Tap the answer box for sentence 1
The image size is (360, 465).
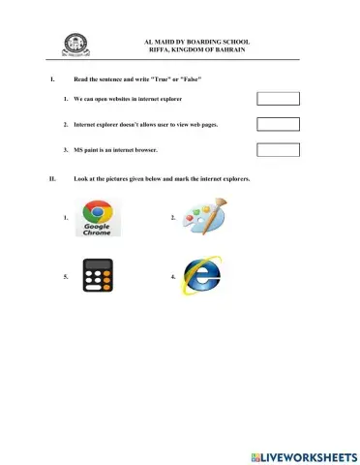279,99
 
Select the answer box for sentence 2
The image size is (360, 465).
279,124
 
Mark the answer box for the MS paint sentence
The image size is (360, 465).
279,149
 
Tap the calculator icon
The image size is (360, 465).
96,275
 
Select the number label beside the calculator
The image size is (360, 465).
66,276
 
